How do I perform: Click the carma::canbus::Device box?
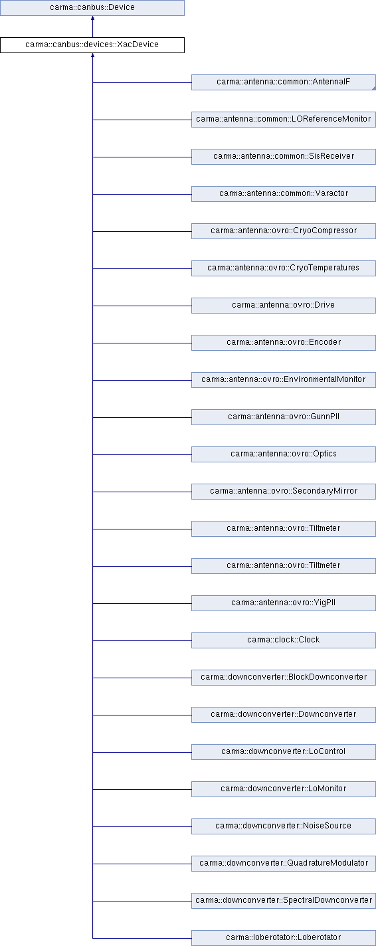pos(92,7)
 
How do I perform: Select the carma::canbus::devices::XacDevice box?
pos(92,45)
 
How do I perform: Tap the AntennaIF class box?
pos(284,82)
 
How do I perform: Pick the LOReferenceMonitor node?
pos(284,120)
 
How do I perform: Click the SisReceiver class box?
pos(284,157)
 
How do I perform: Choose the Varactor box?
pos(284,194)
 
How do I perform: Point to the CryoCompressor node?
pos(284,231)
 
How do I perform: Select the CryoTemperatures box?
pos(284,268)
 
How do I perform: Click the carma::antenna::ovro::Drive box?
pos(284,306)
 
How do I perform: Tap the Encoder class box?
pos(284,343)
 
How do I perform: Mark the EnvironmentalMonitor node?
pos(284,380)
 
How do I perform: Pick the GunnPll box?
pos(284,417)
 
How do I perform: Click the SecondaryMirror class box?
pos(284,491)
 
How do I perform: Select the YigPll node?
pos(284,603)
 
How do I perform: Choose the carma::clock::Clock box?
pos(284,640)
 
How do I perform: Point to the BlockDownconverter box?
pos(284,677)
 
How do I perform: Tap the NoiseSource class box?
pos(284,826)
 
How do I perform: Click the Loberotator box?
pos(284,937)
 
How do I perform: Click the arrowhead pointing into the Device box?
pos(92,18)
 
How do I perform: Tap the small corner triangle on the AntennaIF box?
pos(373,88)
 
